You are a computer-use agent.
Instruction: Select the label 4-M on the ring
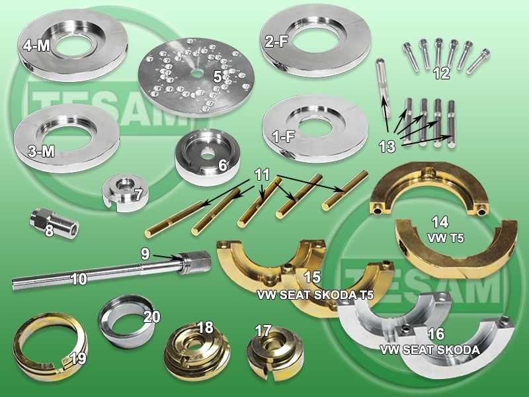pos(36,46)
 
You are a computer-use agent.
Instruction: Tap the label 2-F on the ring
pos(276,42)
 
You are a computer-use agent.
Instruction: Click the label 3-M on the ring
pos(41,152)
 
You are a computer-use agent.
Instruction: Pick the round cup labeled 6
pos(208,156)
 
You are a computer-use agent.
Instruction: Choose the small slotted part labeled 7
pos(125,193)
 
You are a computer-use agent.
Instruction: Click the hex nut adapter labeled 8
pos(54,223)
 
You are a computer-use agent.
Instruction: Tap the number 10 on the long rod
pos(79,279)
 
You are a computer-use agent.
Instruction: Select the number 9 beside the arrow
pos(145,254)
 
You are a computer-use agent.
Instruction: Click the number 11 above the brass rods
pos(262,175)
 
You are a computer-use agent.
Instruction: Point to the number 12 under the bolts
pos(442,73)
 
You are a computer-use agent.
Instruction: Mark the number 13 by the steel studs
pos(387,147)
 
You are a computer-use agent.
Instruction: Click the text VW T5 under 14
pos(445,238)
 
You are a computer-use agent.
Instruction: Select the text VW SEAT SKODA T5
pos(315,294)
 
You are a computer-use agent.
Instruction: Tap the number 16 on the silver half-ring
pos(436,334)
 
